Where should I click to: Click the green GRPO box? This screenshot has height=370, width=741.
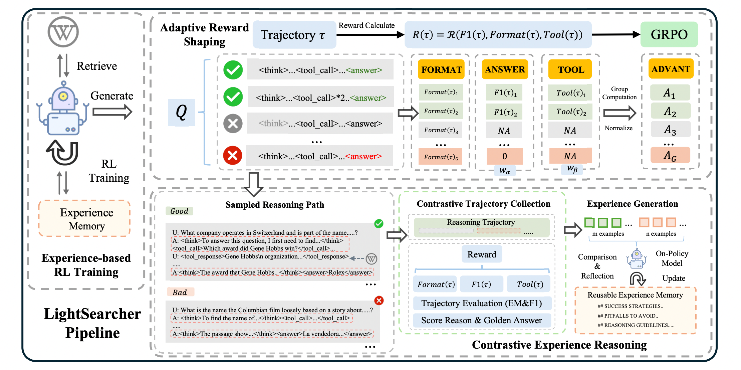click(x=669, y=34)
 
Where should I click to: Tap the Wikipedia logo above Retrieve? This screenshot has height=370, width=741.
click(x=63, y=32)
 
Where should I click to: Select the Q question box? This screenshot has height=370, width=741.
click(x=181, y=112)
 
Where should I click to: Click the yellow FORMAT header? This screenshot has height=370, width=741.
click(x=441, y=69)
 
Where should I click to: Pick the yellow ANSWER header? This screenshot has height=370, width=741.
click(x=505, y=69)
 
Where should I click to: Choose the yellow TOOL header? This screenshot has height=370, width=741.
click(x=570, y=69)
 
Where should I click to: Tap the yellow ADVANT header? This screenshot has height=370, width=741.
click(x=671, y=69)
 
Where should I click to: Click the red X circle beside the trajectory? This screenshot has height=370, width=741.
click(x=233, y=156)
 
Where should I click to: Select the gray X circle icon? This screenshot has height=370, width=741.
click(x=233, y=124)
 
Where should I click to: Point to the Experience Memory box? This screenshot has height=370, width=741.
click(x=84, y=219)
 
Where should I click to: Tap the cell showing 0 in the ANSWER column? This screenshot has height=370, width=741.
click(x=504, y=156)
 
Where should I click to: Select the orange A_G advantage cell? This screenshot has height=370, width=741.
click(x=670, y=155)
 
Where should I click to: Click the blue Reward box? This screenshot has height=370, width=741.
click(x=482, y=254)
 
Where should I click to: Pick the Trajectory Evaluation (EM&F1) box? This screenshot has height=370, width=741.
click(x=482, y=303)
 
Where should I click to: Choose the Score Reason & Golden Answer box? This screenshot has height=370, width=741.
click(x=482, y=320)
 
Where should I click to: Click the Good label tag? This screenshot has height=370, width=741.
click(x=179, y=211)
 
